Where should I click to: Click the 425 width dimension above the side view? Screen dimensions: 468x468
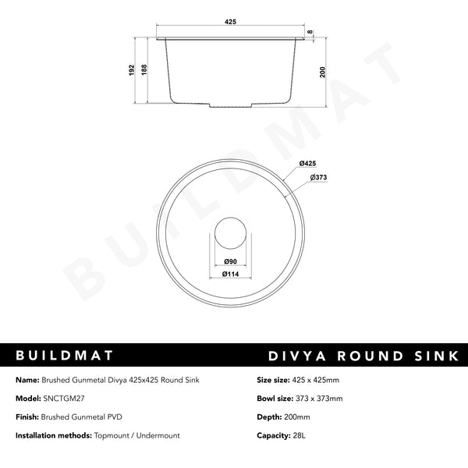click(x=230, y=23)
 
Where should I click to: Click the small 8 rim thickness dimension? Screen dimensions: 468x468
click(x=310, y=33)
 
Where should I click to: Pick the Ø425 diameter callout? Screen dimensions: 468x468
click(x=307, y=163)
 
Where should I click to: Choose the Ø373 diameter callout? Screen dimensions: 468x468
click(x=317, y=178)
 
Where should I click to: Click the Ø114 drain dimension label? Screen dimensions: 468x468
click(x=230, y=274)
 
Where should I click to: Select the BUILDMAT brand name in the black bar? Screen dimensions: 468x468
click(x=66, y=356)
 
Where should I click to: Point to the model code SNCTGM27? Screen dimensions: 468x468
click(x=65, y=399)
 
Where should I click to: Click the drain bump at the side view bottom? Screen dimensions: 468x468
click(x=230, y=105)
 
